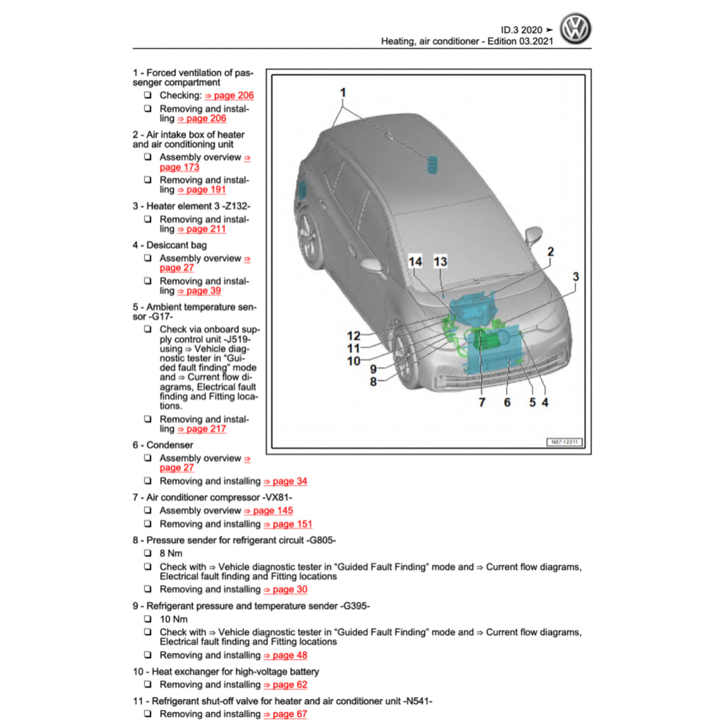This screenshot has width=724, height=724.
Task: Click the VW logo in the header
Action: click(x=575, y=29)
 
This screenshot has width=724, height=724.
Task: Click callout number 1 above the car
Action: click(x=343, y=93)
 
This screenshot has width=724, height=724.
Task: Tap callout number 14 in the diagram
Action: click(x=416, y=262)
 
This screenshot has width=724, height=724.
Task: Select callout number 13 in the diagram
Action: click(x=440, y=262)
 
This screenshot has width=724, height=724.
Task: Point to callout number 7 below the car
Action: click(x=482, y=402)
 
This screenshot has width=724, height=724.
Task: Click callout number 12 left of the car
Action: click(x=354, y=336)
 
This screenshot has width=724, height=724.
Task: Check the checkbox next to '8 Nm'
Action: click(x=148, y=554)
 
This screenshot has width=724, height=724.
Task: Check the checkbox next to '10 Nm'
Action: click(x=148, y=619)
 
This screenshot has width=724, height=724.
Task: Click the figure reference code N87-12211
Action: click(x=564, y=443)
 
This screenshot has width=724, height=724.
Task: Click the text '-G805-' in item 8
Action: click(x=320, y=540)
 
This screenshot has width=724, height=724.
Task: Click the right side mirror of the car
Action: click(x=532, y=235)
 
